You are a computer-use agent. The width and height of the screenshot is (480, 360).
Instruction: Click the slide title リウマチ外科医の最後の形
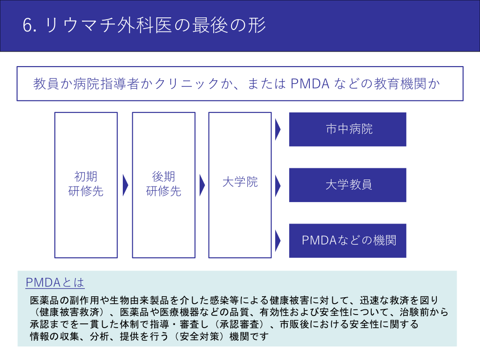(x=156, y=26)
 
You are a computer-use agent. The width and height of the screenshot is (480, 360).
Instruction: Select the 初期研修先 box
(x=86, y=185)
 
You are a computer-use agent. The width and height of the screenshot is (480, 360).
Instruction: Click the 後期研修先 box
(x=164, y=185)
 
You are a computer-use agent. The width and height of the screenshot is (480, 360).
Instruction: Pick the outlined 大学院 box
(x=240, y=185)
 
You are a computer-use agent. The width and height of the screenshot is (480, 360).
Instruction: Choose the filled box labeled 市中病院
(x=347, y=129)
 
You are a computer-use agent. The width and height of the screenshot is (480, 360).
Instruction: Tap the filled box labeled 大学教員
(x=347, y=185)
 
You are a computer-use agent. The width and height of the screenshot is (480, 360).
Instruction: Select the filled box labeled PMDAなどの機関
(x=347, y=240)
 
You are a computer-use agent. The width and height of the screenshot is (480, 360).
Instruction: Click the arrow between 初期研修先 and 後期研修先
(x=125, y=185)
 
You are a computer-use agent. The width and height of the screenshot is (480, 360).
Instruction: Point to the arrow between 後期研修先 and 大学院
(x=202, y=185)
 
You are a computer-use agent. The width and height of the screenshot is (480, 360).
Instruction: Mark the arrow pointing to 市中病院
(x=277, y=129)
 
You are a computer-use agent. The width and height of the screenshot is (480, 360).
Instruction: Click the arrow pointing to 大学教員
(x=277, y=185)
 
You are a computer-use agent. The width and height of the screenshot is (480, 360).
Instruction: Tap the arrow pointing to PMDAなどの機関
(x=277, y=240)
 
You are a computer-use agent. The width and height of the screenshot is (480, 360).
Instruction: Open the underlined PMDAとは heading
(x=55, y=283)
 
